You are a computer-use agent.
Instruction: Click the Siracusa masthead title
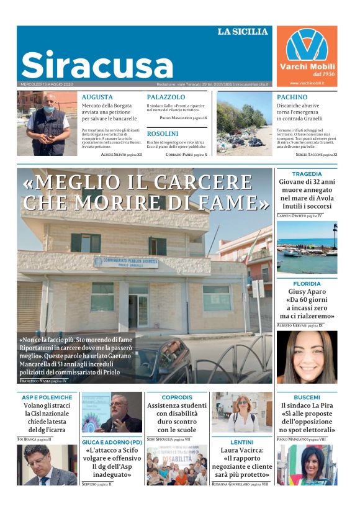click(97, 64)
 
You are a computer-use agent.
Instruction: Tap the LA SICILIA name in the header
click(243, 32)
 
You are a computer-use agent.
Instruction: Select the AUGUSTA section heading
click(97, 97)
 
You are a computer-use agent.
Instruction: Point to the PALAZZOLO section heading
click(166, 97)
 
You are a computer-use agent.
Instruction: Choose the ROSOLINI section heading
click(163, 133)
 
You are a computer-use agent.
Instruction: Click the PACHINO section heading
click(292, 97)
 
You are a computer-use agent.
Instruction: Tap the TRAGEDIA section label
click(307, 174)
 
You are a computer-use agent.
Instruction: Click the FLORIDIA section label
click(307, 284)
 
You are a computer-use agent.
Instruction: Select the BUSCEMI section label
click(307, 397)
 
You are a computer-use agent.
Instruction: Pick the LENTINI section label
click(241, 442)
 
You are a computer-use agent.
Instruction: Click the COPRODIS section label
click(177, 397)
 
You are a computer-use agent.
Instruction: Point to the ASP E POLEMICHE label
click(47, 397)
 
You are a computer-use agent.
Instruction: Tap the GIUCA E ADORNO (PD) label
click(112, 442)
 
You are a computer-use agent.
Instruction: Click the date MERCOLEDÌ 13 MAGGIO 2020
click(47, 84)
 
